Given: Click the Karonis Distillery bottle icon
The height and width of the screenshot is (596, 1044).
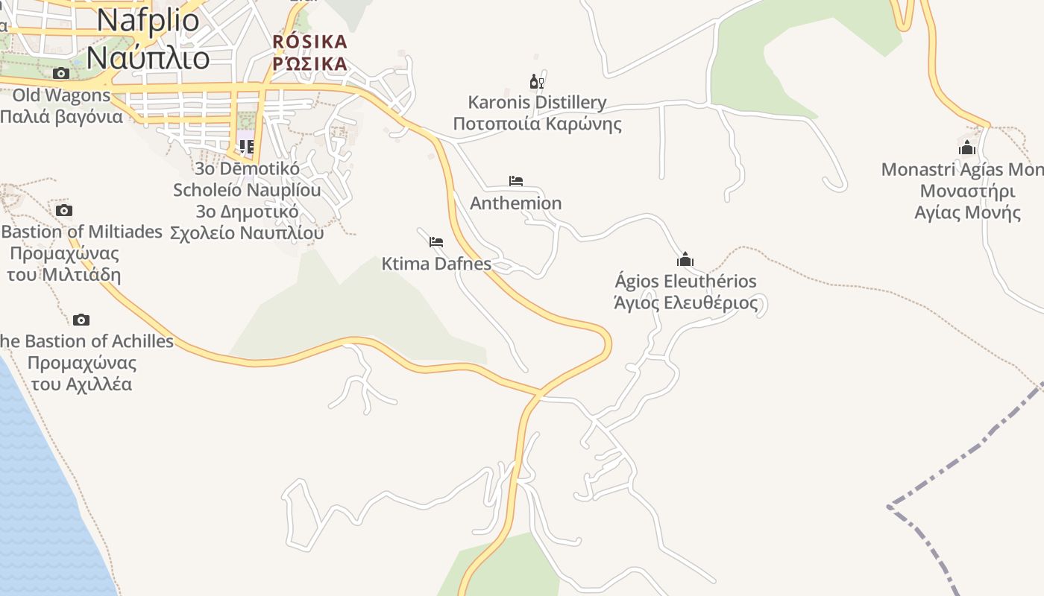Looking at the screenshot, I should tap(536, 81).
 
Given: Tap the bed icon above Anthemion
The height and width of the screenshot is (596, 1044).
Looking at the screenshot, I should tap(516, 181).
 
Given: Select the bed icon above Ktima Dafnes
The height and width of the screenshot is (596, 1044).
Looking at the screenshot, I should tap(436, 241).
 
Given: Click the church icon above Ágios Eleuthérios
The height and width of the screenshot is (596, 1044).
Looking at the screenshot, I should tap(685, 259).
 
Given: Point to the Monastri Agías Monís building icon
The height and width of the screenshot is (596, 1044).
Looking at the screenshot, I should tap(967, 148).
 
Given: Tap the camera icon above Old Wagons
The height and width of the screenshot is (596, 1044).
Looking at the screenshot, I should tap(61, 73).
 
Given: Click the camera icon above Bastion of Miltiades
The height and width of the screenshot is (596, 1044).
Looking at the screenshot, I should tap(64, 210).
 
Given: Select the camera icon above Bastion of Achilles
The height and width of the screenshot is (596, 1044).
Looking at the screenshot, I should tap(81, 320).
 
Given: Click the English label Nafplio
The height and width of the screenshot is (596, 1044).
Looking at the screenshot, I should tap(148, 21).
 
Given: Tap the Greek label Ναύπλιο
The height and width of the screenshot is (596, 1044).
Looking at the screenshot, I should tap(148, 57).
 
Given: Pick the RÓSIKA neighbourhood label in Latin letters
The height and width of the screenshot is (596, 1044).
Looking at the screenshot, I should tap(310, 41).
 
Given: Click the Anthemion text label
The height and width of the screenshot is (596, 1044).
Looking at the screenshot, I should tap(515, 203).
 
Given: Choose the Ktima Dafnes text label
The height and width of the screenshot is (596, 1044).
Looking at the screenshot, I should tap(436, 264).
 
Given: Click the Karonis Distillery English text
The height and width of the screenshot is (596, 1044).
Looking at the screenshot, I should tap(537, 102).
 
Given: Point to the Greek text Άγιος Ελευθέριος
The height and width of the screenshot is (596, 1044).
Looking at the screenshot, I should tap(685, 303).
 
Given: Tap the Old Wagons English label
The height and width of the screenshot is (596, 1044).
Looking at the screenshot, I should tap(61, 95).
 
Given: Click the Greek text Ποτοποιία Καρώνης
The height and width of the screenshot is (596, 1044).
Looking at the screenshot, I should tap(537, 124).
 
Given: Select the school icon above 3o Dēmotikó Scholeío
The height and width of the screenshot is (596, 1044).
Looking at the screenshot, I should tap(247, 146).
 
